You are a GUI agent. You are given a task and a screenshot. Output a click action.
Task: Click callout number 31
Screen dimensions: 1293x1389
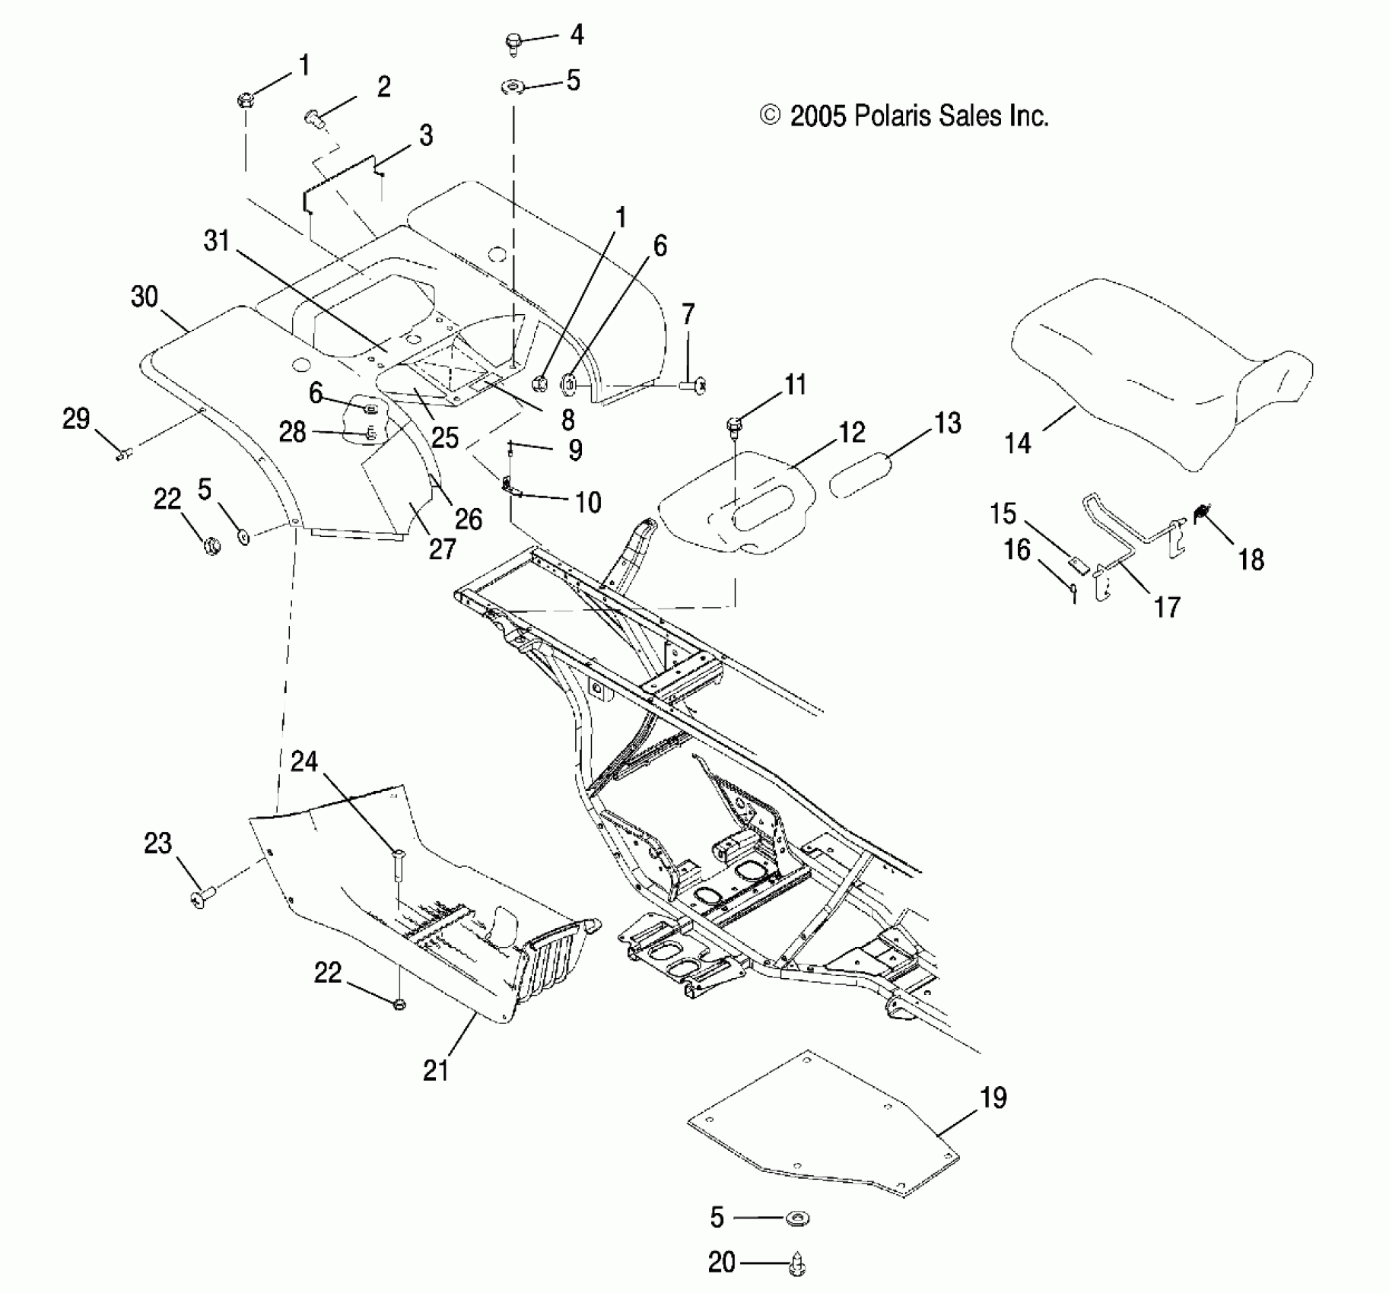click(x=217, y=241)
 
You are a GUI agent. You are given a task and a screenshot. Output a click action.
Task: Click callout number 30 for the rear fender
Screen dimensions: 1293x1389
click(x=145, y=297)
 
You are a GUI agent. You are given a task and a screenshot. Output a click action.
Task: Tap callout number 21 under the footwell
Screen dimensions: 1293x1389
click(x=436, y=1071)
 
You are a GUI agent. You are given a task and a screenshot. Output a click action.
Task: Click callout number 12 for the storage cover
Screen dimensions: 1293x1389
click(x=852, y=433)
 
